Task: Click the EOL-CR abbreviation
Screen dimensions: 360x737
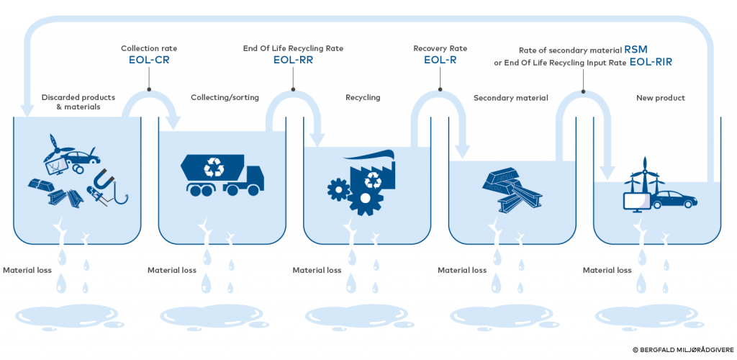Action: coord(148,60)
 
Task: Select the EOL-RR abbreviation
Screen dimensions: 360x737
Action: coord(292,60)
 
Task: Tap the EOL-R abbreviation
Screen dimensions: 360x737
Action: coord(440,60)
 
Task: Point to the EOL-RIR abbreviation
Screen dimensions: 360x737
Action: coord(651,63)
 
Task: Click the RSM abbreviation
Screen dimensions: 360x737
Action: coord(636,50)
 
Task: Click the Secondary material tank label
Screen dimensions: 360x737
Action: coord(510,97)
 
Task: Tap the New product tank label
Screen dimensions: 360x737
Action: coord(661,97)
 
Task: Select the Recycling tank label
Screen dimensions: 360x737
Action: coord(363,97)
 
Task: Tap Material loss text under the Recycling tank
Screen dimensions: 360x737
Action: coord(317,271)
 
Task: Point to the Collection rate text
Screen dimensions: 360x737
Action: coord(148,48)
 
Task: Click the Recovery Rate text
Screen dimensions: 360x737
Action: coord(440,48)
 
